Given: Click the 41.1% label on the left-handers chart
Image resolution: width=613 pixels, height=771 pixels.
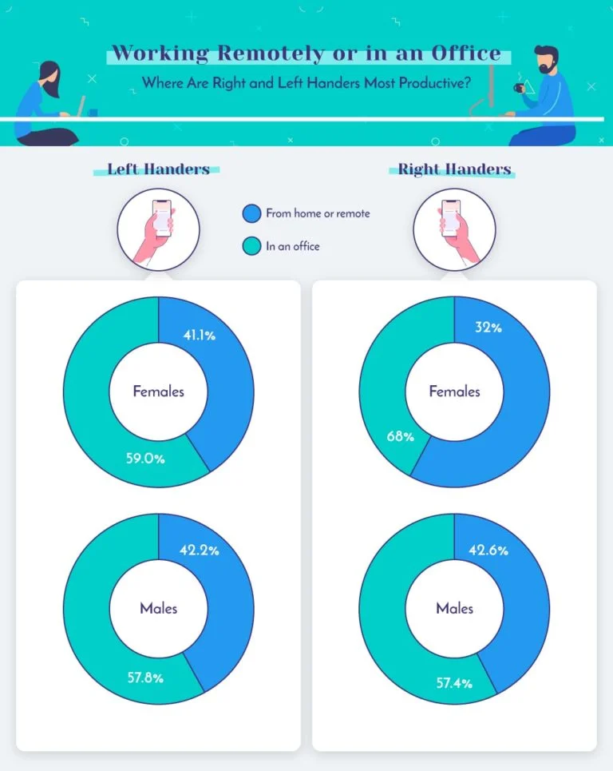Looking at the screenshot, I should coord(200,336).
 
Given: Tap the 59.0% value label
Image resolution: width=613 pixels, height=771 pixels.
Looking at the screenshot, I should coord(146,459).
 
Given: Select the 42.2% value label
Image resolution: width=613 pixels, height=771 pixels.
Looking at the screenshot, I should coord(200,550).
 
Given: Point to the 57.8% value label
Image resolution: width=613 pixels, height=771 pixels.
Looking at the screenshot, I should coord(146,678).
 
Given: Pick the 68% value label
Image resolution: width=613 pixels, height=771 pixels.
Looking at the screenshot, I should coord(399,436).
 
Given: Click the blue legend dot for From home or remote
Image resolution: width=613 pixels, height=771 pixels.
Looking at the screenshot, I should coord(251,213).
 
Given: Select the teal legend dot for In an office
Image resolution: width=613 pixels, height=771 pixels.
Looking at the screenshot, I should coord(251,246).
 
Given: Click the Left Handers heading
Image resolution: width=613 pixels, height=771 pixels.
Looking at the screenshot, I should coord(159,169).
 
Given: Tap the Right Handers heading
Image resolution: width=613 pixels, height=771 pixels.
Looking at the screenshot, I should coord(454,169).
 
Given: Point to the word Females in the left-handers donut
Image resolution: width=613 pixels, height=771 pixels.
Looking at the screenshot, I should coord(158,391).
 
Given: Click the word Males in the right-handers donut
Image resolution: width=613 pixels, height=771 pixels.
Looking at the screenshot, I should coord(454,608).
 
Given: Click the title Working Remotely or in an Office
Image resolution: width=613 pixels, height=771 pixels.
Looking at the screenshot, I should coord(306,54).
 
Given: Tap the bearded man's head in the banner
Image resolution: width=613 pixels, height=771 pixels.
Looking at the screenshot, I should coord(547,60).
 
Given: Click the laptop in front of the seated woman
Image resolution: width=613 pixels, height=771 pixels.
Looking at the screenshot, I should coord(79,109).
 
